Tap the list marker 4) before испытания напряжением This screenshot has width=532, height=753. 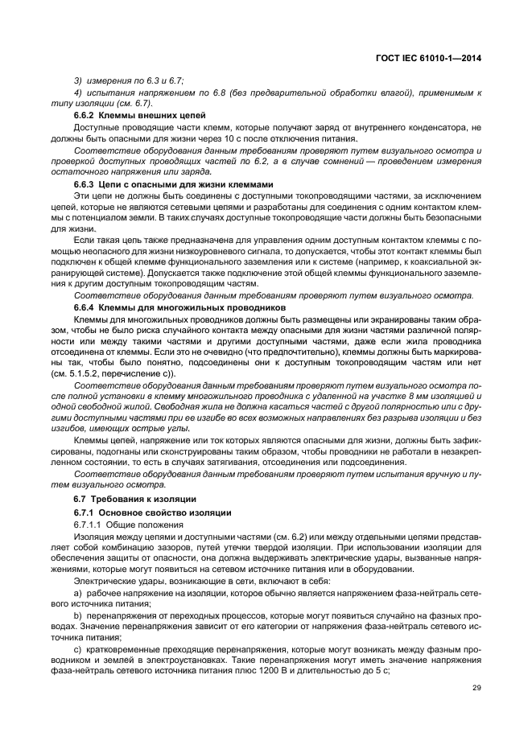(x=78, y=93)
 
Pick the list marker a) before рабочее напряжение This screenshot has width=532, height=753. (x=78, y=591)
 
